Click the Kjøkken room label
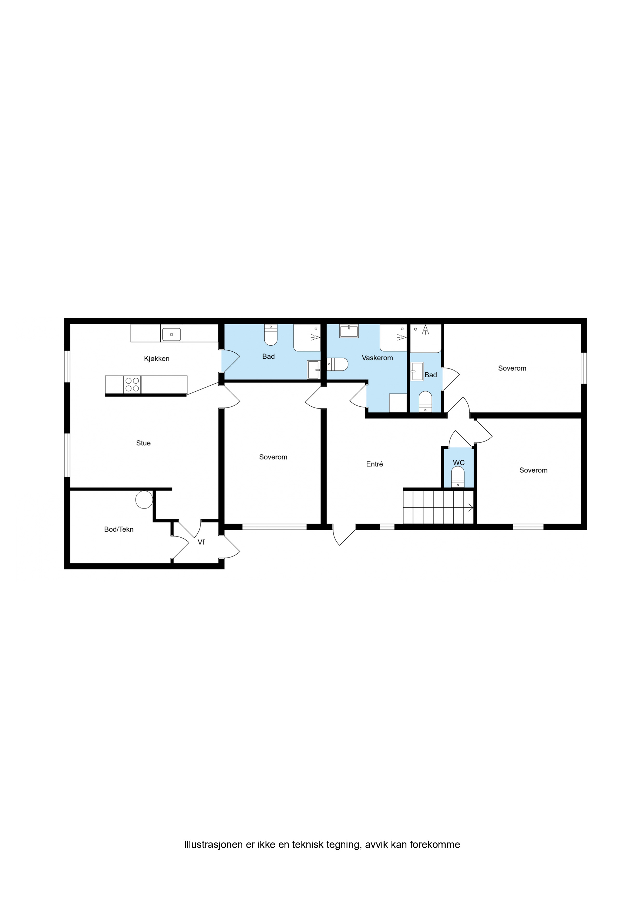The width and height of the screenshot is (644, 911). pos(157,359)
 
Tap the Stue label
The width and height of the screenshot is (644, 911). pos(143,443)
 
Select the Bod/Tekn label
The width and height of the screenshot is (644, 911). pos(119,529)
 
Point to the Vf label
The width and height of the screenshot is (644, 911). pos(201,542)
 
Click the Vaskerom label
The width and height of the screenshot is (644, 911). pos(377,358)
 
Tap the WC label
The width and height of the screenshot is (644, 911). pos(459,463)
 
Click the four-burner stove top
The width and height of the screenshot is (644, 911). pos(132,385)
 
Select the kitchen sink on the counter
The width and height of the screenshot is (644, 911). pos(171,334)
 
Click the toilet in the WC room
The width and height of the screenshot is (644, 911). pos(458,477)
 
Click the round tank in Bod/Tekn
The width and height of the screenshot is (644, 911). pos(144,500)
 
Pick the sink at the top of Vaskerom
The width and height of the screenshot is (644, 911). pos(349,331)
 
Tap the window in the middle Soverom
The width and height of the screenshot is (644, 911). pos(274,527)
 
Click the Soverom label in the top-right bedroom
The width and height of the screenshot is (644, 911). pos(512,368)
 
